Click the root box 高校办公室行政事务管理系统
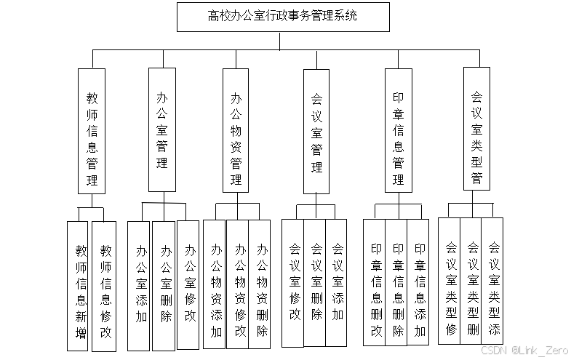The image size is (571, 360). pyautogui.click(x=282, y=16)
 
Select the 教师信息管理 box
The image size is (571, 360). pyautogui.click(x=92, y=131)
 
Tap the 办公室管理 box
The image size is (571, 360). pyautogui.click(x=162, y=129)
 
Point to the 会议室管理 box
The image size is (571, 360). pyautogui.click(x=316, y=131)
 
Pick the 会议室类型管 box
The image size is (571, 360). pyautogui.click(x=477, y=129)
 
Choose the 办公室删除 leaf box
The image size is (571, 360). pyautogui.click(x=165, y=284)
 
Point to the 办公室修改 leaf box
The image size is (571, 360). pyautogui.click(x=189, y=284)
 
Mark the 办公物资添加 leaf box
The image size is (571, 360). pyautogui.click(x=216, y=284)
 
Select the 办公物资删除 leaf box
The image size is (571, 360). pyautogui.click(x=262, y=284)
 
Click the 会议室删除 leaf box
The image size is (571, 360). pyautogui.click(x=316, y=282)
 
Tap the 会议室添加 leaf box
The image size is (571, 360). pyautogui.click(x=338, y=282)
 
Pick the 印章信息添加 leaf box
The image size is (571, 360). pyautogui.click(x=420, y=284)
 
